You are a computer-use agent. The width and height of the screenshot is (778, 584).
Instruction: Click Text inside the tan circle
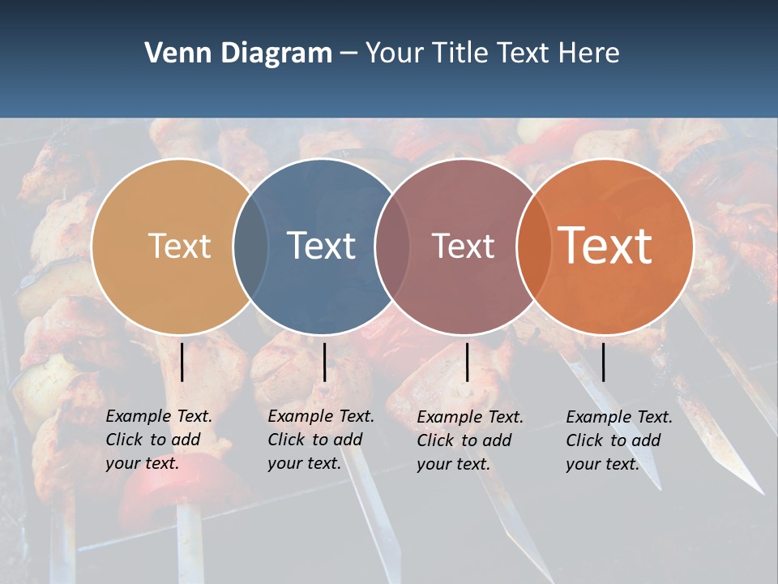pyautogui.click(x=179, y=246)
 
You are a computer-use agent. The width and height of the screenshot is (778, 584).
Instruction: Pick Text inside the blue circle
pyautogui.click(x=322, y=246)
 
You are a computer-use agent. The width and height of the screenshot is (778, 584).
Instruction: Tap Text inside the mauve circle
pyautogui.click(x=463, y=246)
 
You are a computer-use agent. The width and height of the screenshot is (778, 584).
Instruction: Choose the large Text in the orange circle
pyautogui.click(x=605, y=245)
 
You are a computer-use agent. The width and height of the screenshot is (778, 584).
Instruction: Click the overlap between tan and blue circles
pyautogui.click(x=250, y=246)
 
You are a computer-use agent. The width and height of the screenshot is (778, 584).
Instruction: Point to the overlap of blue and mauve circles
pyautogui.click(x=392, y=246)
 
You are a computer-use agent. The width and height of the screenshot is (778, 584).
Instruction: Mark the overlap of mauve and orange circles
pyautogui.click(x=534, y=246)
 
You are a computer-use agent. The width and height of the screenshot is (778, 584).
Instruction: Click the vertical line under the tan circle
pyautogui.click(x=182, y=362)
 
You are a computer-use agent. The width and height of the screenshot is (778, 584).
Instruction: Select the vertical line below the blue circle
pyautogui.click(x=324, y=362)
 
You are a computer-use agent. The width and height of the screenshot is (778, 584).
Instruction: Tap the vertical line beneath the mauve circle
pyautogui.click(x=467, y=362)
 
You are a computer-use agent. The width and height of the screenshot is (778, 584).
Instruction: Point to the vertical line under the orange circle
pyautogui.click(x=603, y=362)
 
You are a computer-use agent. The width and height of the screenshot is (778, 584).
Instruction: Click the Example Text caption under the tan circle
pyautogui.click(x=158, y=440)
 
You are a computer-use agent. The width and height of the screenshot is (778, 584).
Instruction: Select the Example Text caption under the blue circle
pyautogui.click(x=320, y=440)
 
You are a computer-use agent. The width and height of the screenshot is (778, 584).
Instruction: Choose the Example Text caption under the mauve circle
pyautogui.click(x=469, y=440)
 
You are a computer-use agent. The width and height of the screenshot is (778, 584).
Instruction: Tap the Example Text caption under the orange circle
pyautogui.click(x=618, y=440)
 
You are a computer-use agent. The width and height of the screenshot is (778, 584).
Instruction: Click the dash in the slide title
pyautogui.click(x=348, y=54)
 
